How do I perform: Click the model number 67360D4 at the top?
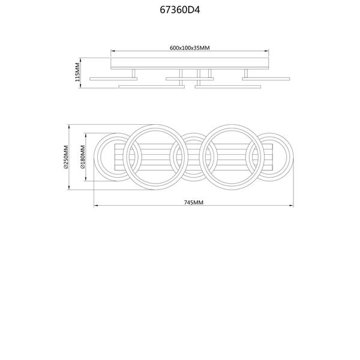180,10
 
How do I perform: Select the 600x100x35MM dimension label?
190,48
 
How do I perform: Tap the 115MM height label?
77,72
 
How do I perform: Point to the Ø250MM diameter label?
66,157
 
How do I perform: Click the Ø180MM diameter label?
83,157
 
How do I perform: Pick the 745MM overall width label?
194,203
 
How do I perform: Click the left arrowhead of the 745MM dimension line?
96,205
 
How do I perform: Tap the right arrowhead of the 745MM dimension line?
292,205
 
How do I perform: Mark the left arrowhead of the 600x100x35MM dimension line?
113,51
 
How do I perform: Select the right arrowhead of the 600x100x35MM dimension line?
266,51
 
